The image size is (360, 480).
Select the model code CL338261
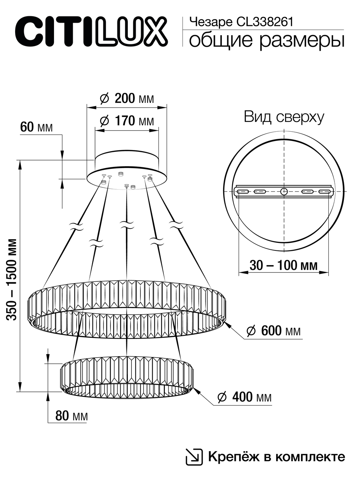tap(265, 23)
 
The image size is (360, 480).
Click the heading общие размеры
tap(266, 40)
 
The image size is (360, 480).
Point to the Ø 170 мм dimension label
tap(127, 121)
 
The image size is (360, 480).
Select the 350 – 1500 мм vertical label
tap(12, 279)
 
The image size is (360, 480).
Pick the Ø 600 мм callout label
tap(274, 331)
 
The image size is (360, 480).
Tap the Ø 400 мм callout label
tap(245, 397)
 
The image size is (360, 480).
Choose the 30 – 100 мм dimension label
tap(284, 265)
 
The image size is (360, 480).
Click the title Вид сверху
tap(284, 117)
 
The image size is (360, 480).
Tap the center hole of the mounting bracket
tap(284, 191)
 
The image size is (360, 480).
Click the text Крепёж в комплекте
tap(276, 457)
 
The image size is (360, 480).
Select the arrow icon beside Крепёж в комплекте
tap(194, 457)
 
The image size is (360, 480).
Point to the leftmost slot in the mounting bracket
tap(242, 191)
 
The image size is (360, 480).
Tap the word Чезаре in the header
tap(211, 23)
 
